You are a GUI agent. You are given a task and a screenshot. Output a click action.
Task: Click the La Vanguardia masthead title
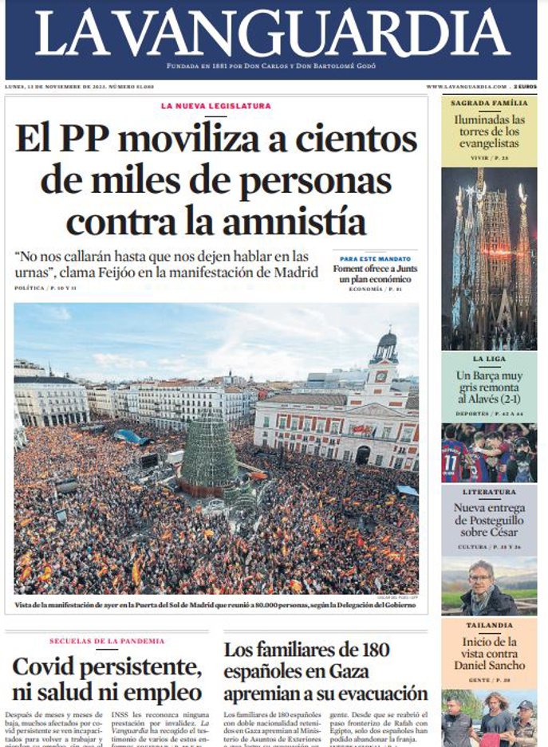coord(272,33)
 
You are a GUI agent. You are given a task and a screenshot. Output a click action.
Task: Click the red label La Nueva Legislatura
coord(215,106)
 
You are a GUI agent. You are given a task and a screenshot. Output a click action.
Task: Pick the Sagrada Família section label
coord(489,103)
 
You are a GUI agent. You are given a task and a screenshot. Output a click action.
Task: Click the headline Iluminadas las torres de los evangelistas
coord(489,132)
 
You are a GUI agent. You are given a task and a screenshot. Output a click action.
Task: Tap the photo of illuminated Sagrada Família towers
coord(489,258)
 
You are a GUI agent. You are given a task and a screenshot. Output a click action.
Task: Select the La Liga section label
coord(489,360)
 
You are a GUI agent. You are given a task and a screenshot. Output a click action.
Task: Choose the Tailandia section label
coord(489,626)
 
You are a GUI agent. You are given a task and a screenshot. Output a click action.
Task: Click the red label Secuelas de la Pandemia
coord(107,641)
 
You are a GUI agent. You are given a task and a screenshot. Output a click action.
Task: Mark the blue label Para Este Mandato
coord(375,259)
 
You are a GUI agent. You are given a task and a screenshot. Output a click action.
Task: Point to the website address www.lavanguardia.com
coord(466,86)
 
